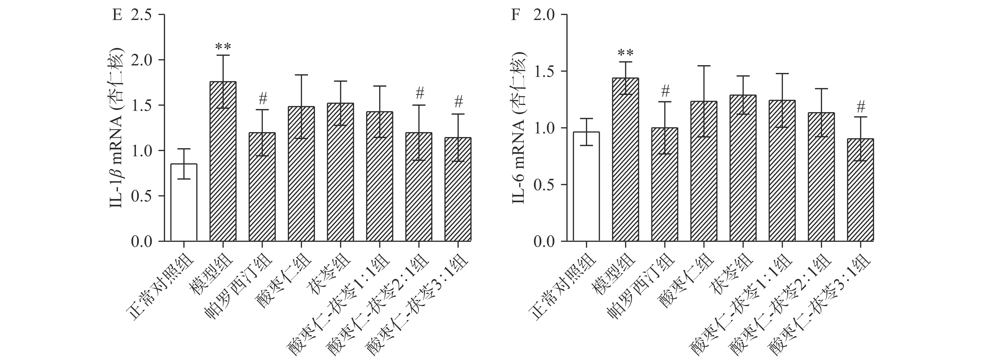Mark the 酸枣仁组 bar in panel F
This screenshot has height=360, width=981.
click(704, 171)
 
